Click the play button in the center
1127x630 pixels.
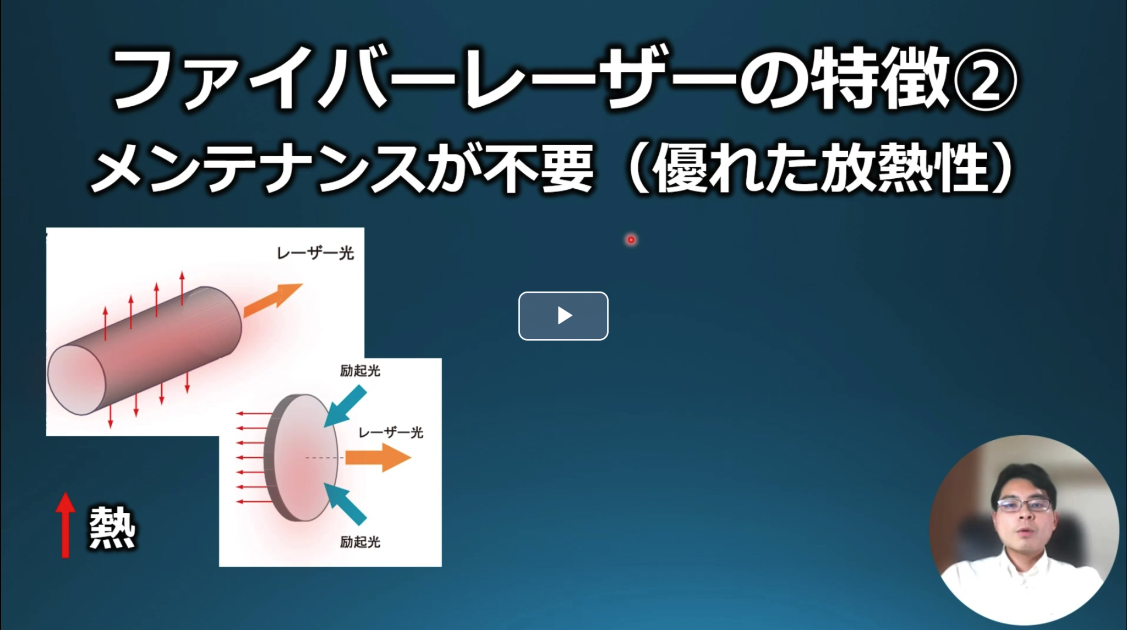(x=563, y=316)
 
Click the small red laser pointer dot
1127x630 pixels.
(x=631, y=239)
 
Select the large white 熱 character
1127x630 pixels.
(x=112, y=527)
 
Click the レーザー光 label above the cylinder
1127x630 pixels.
(x=315, y=253)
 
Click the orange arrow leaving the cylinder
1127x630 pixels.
(x=273, y=300)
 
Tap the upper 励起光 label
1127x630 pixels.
(x=360, y=371)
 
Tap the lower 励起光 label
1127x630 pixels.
(x=360, y=542)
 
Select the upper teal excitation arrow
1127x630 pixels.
(x=345, y=406)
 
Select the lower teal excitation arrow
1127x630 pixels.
(x=345, y=503)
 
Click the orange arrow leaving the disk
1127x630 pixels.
(x=378, y=457)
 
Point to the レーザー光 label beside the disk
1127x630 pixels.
(x=391, y=432)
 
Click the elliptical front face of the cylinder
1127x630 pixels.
(x=76, y=380)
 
